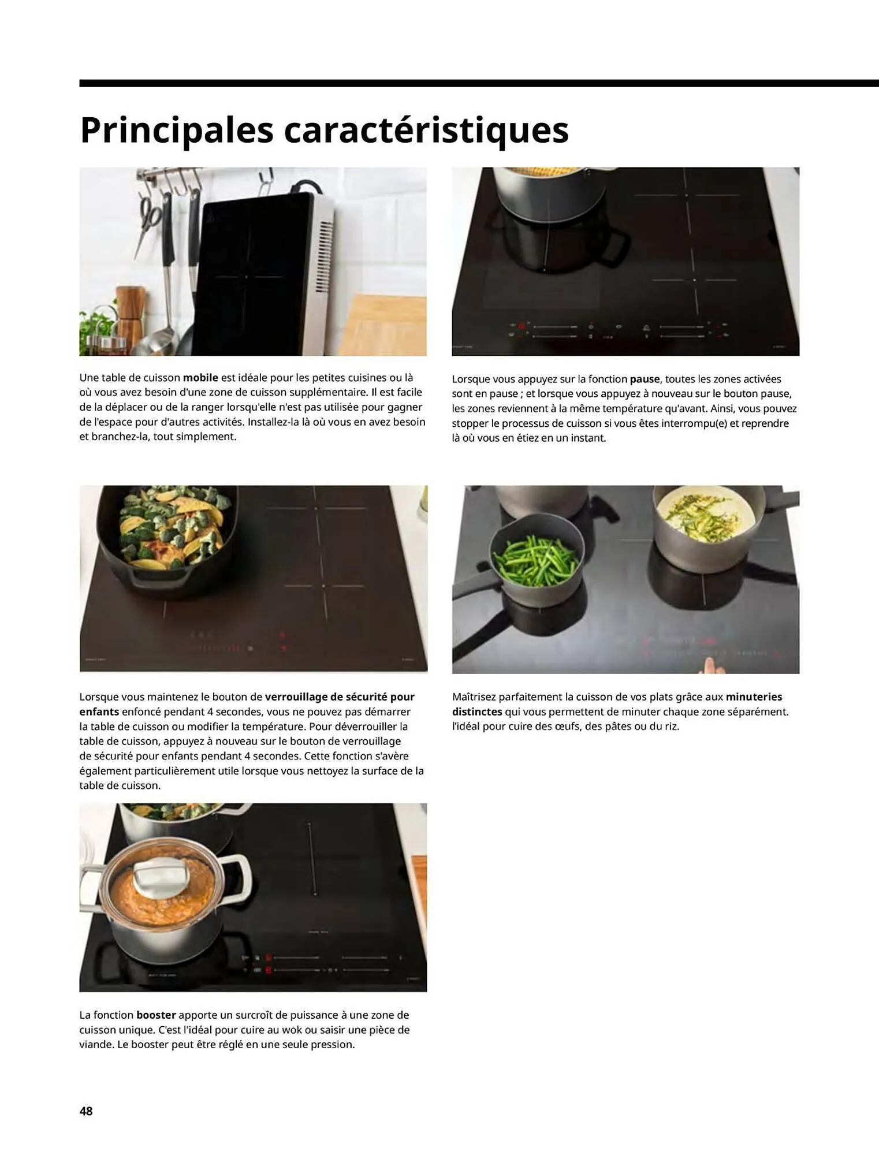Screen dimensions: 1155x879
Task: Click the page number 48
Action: [86, 1111]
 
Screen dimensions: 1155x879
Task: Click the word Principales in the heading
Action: [176, 131]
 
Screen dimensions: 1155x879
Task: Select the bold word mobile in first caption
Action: [200, 378]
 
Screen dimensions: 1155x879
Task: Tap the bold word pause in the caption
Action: [645, 379]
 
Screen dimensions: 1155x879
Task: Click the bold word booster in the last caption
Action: [156, 1015]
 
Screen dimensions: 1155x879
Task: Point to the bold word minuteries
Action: [754, 697]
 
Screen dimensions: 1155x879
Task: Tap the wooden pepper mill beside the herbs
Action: [131, 315]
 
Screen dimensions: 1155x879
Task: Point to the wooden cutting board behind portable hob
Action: [384, 326]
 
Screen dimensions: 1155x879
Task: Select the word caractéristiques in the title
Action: [426, 131]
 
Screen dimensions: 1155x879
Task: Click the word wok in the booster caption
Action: [290, 1030]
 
